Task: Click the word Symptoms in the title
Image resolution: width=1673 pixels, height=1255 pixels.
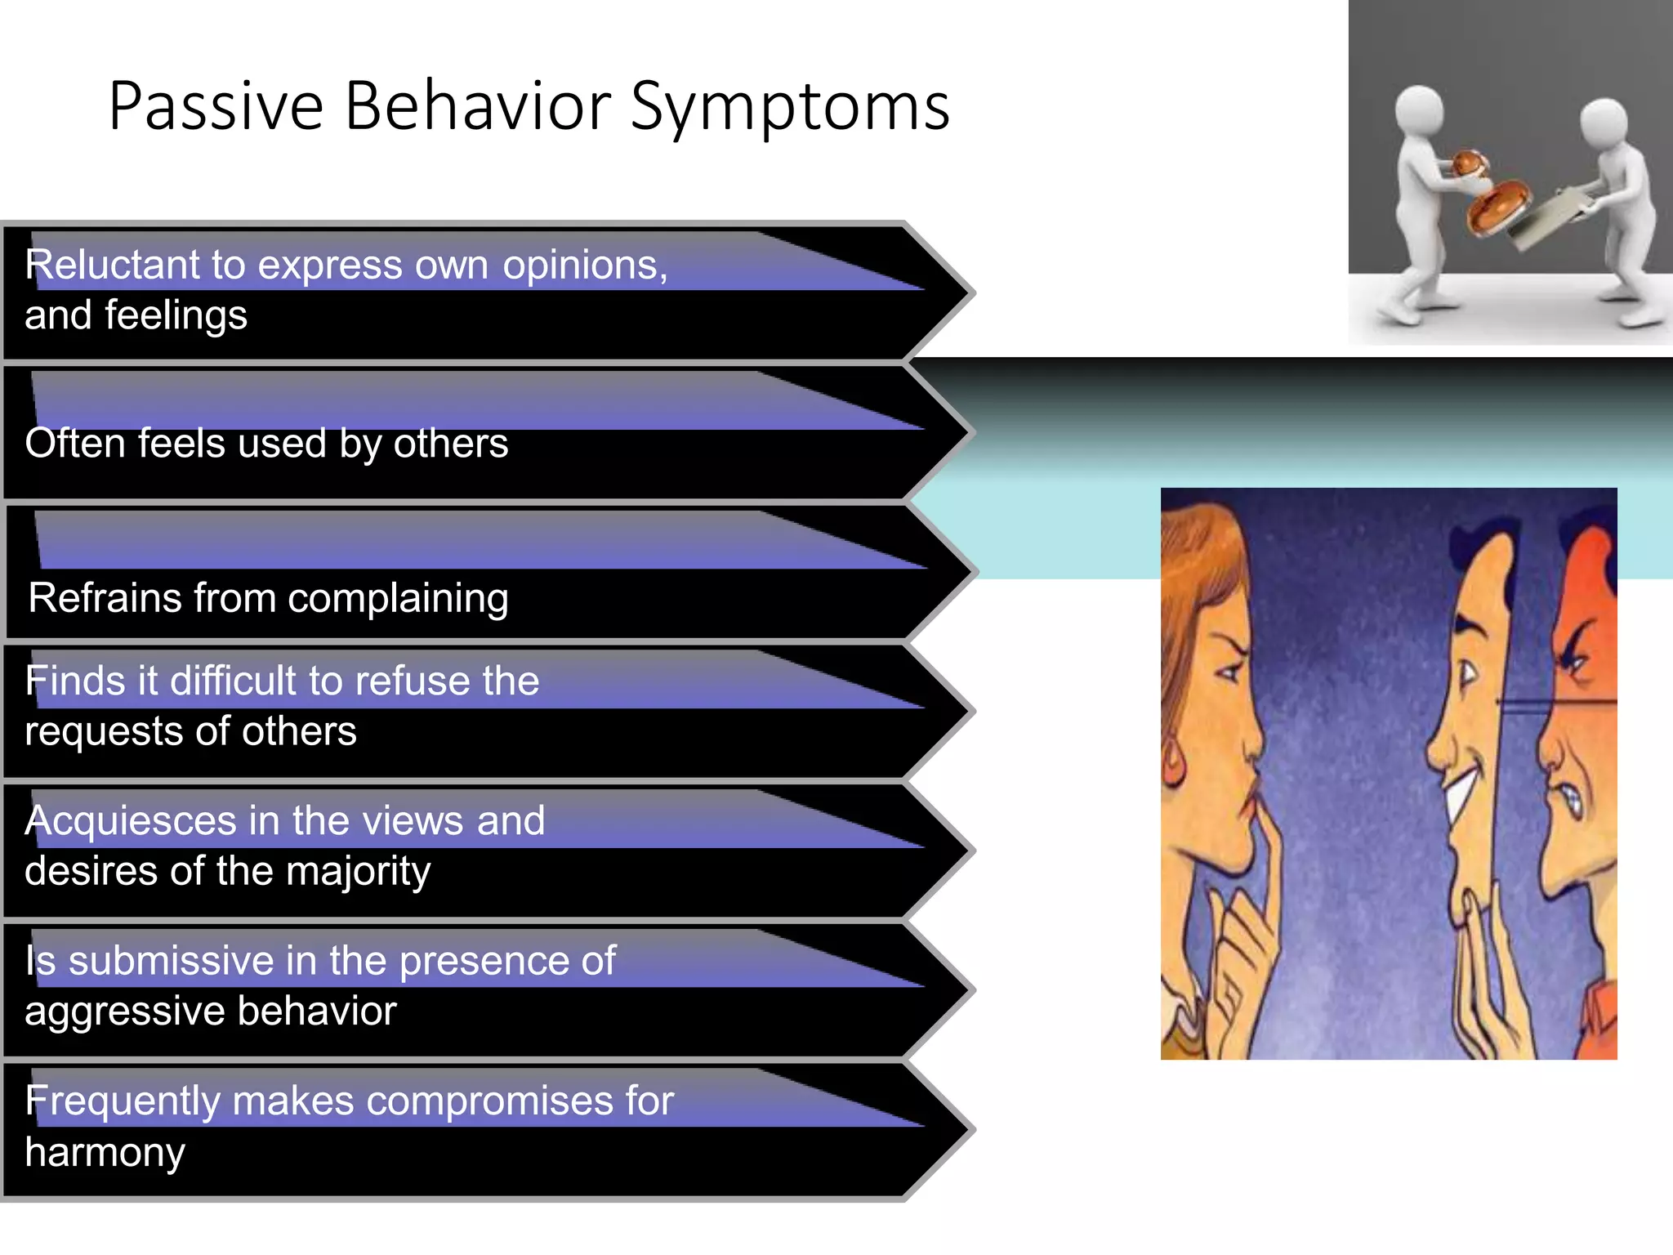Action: click(x=790, y=108)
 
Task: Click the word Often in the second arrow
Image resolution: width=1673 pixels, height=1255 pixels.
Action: click(x=74, y=443)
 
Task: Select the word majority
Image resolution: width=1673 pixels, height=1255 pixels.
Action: click(x=358, y=872)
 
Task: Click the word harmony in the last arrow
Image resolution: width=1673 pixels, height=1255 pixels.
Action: click(x=105, y=1153)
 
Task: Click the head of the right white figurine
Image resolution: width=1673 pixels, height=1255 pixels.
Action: click(x=1604, y=121)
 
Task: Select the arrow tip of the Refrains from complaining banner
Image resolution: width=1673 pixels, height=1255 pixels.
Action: click(x=968, y=572)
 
